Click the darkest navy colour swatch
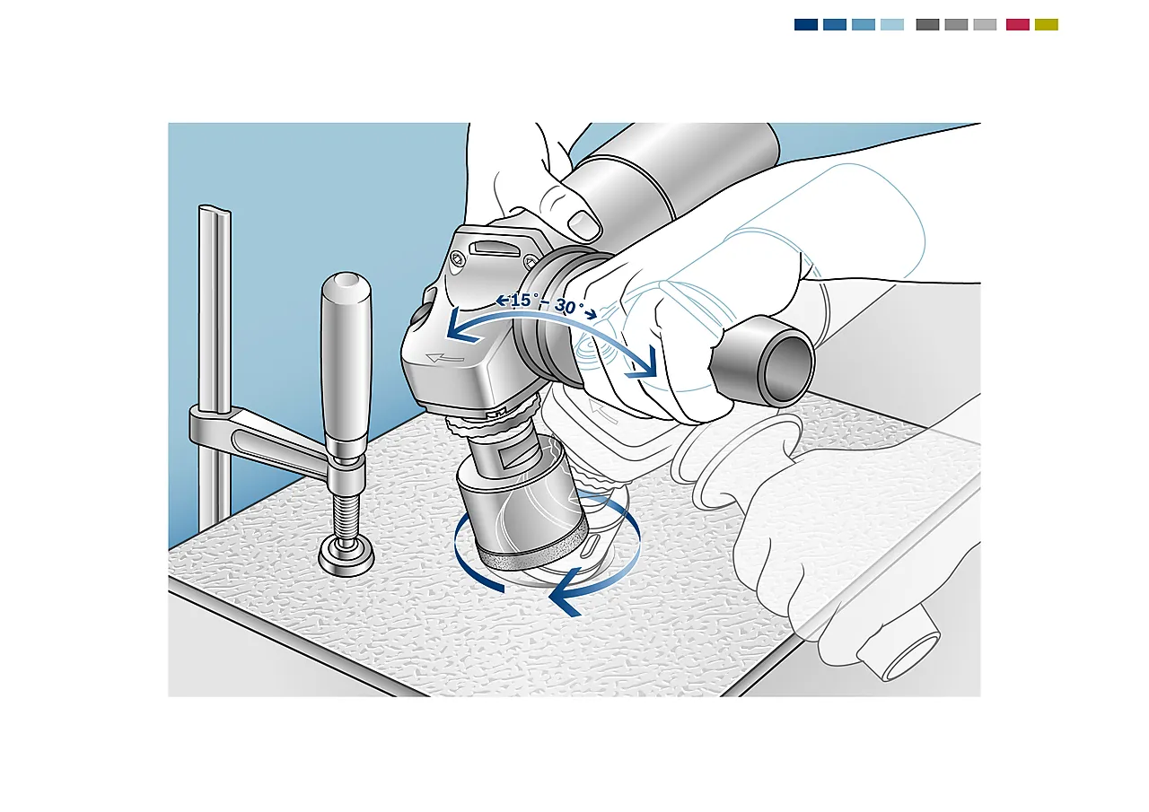[806, 24]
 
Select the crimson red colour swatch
[1018, 24]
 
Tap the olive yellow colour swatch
[1047, 24]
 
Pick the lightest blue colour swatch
[892, 24]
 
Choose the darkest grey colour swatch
[927, 24]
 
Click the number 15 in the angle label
[521, 301]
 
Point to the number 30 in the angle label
[566, 307]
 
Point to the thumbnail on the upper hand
[584, 223]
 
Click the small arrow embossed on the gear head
[444, 357]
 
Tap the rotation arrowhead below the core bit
[565, 596]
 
